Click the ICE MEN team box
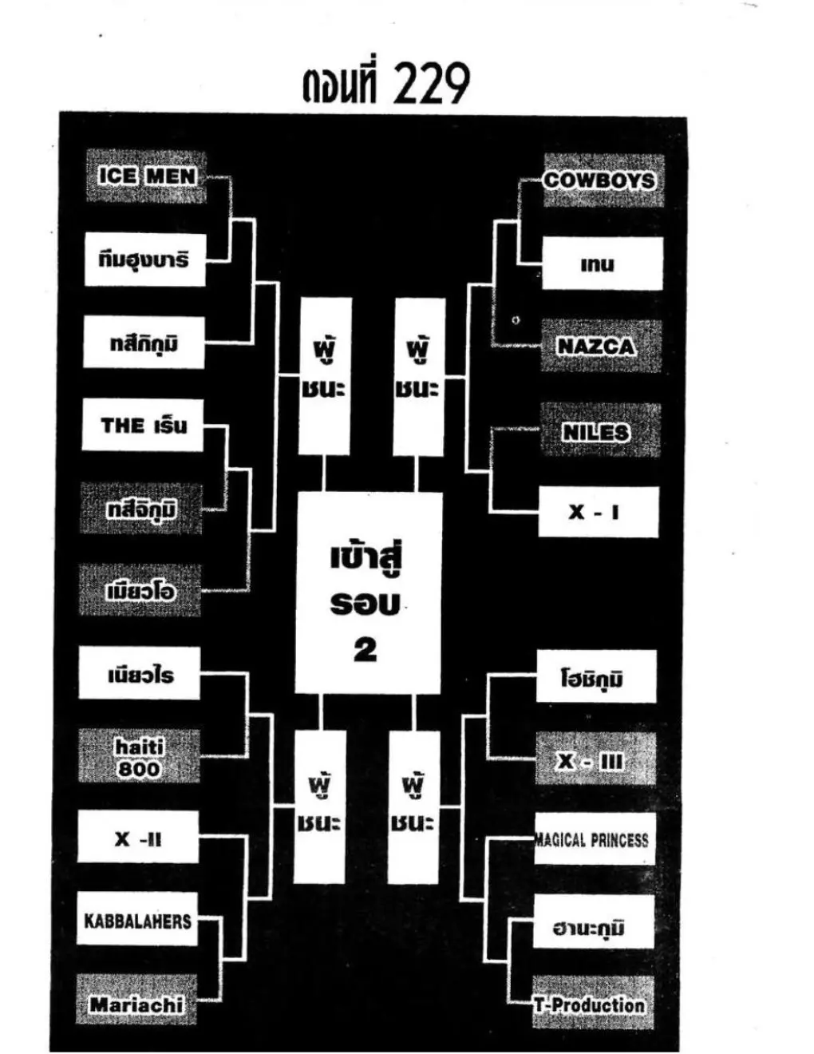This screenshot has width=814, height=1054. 146,176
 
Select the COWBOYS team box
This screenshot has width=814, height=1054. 603,180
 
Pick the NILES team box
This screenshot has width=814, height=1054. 599,431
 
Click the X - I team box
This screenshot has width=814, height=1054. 598,512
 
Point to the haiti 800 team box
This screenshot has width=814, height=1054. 139,757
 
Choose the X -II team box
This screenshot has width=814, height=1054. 138,838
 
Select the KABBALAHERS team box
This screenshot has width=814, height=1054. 137,921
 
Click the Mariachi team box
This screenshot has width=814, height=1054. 136,1003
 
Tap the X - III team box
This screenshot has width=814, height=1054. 595,760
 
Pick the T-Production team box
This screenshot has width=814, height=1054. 593,1004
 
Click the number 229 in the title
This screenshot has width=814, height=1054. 432,85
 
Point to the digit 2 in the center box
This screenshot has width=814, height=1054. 366,651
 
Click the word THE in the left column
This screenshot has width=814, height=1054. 122,426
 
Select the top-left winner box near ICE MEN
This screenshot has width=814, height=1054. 325,376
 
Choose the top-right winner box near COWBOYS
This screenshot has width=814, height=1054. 419,376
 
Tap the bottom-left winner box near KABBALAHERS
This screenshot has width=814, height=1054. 320,806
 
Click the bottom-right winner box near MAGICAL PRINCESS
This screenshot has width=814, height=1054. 413,806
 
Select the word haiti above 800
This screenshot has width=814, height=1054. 140,747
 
